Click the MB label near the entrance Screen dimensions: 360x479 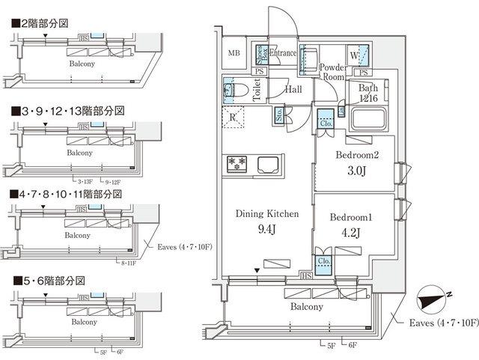pos(234,52)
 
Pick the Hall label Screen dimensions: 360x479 pos(293,89)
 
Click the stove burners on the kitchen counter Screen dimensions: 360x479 pos(237,163)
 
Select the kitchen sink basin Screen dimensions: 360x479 pos(267,163)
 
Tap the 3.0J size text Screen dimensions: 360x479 pos(356,171)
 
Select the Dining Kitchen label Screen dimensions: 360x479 pos(267,214)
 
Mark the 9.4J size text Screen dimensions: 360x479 pos(267,230)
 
